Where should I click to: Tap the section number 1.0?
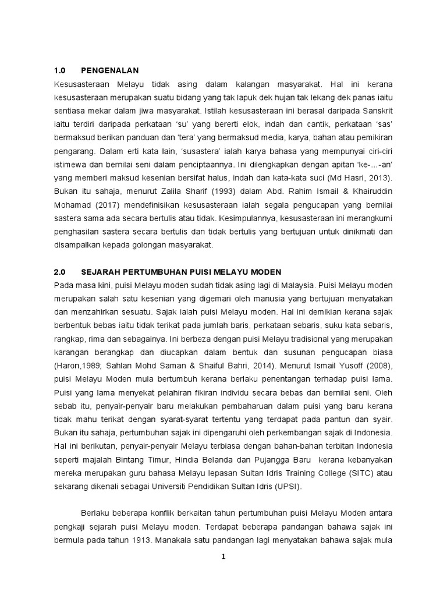[x=60, y=70]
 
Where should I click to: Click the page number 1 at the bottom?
[x=223, y=556]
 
